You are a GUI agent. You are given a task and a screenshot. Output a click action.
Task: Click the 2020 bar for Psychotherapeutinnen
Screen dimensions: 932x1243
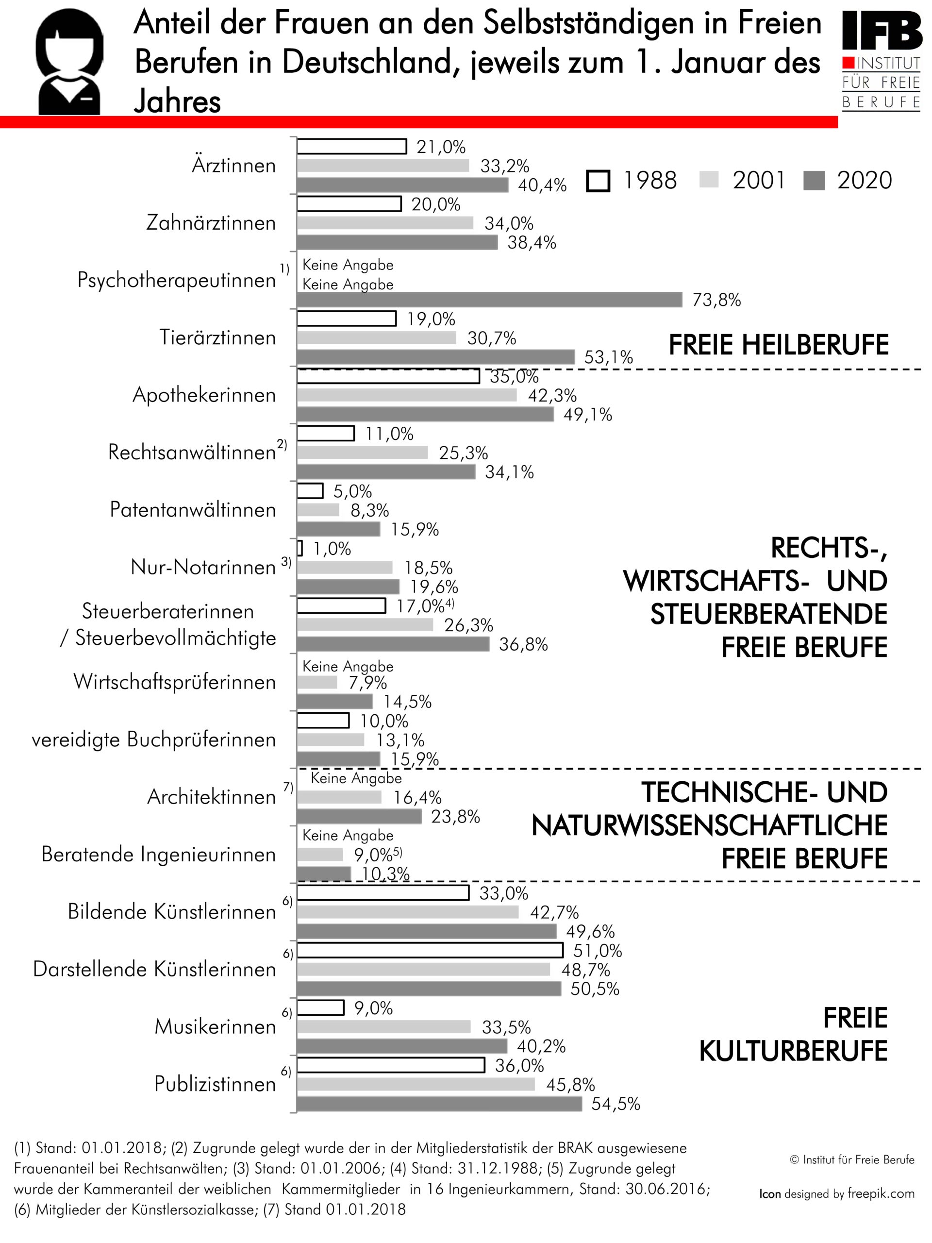[489, 300]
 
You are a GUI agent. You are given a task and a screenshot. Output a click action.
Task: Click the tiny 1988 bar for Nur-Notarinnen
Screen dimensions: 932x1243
[300, 548]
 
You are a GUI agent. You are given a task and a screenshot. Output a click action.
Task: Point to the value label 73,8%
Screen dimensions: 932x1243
[716, 300]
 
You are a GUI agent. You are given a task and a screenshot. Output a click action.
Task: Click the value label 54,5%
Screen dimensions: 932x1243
[616, 1104]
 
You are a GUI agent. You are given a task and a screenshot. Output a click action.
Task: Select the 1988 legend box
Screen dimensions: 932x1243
[598, 181]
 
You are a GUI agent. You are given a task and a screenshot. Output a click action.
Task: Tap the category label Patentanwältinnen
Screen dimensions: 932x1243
[193, 510]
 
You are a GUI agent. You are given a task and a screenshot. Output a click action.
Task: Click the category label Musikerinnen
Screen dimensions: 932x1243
[215, 1026]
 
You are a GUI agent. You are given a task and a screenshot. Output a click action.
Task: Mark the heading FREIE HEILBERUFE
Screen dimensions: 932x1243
[779, 345]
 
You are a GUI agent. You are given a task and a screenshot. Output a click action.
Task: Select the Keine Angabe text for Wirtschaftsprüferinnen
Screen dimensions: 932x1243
[348, 667]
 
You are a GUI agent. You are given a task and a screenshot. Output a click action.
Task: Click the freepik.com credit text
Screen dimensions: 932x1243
[881, 1193]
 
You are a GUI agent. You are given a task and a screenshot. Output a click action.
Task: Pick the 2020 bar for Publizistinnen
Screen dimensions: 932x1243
[439, 1104]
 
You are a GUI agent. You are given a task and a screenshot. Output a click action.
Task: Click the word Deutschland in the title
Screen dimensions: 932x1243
[367, 62]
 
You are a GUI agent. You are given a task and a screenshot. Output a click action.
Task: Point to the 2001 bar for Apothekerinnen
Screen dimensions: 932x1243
[407, 395]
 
